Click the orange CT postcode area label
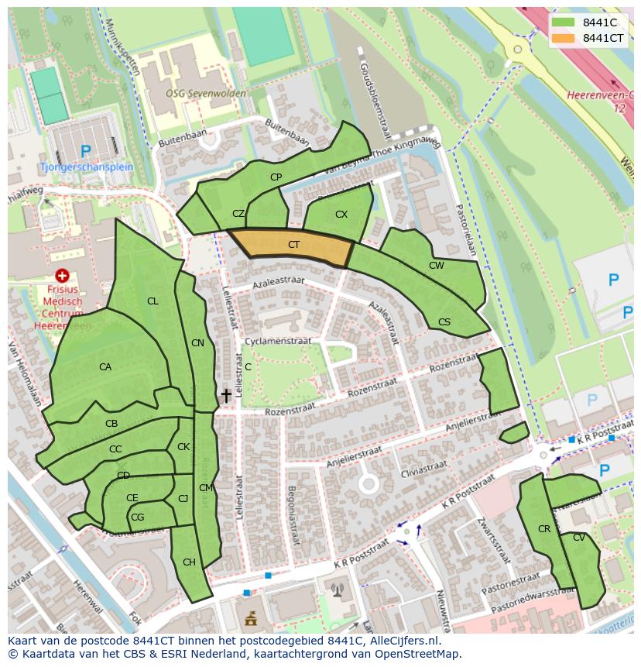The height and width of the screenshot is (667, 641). point(293,245)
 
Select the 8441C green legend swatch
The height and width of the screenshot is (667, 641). point(564,22)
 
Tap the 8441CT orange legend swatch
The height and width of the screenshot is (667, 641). point(564,38)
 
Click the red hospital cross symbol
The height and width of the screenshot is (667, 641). point(63,275)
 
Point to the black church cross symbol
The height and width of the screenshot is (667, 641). point(226,396)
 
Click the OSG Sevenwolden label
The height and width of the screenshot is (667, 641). point(206,94)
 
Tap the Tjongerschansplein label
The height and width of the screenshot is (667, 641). point(87,167)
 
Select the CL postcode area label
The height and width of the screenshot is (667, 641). point(153,301)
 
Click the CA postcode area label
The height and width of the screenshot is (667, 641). point(105,367)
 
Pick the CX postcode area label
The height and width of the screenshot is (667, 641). point(341,215)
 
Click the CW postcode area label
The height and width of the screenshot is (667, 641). point(437,266)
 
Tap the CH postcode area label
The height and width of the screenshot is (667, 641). point(189,562)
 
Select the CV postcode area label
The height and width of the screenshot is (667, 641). point(579,538)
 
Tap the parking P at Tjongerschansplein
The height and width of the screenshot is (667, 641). point(86,150)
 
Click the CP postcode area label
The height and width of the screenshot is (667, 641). point(276,177)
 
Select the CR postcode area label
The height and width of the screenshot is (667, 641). point(543,529)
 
